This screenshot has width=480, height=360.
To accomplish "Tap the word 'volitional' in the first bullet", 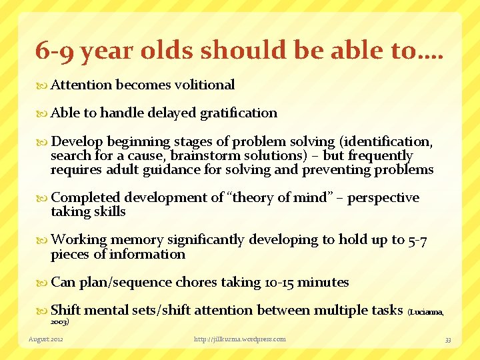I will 204,85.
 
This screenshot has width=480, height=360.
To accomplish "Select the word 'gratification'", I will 239,113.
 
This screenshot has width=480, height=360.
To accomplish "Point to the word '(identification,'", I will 386,141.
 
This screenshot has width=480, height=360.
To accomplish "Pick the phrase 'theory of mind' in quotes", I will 282,198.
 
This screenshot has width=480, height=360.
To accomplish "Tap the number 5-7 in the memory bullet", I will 417,240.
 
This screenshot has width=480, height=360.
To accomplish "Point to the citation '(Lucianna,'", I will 425,311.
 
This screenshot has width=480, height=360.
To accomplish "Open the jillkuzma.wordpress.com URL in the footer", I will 239,339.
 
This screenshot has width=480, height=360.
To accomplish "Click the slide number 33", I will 448,339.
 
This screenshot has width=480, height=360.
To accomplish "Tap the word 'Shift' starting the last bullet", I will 65,310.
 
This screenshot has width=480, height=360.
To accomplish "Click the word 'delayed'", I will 172,113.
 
